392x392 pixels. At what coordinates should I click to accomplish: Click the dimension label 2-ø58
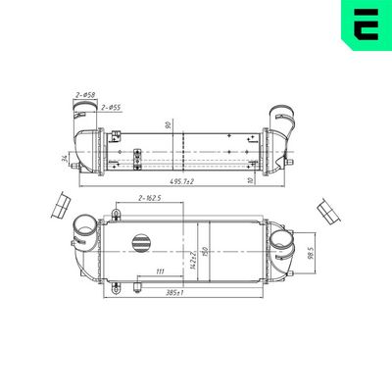[x=85, y=94]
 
